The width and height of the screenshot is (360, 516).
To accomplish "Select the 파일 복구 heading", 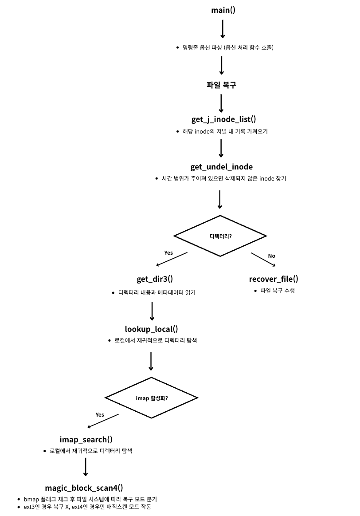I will tap(221, 85).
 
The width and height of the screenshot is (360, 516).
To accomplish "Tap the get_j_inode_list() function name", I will tap(223, 119).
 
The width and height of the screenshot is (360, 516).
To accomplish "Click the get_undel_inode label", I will tap(221, 167).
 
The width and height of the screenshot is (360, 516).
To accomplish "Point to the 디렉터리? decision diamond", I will tap(220, 236).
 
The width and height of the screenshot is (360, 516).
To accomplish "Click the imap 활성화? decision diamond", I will tap(152, 398).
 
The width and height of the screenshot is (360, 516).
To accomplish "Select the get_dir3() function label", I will tap(154, 279).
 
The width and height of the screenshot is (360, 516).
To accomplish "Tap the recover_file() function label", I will tap(274, 279).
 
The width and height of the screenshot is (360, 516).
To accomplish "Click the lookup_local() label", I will tap(151, 329).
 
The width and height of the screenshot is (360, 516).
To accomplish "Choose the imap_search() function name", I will tap(86, 439).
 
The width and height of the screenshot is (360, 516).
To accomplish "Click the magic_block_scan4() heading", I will tap(84, 488).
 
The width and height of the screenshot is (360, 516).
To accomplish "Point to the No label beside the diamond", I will tap(271, 256).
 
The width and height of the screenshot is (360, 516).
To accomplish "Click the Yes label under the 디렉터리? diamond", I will tap(168, 252).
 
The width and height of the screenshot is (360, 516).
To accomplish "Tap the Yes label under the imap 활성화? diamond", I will tap(100, 414).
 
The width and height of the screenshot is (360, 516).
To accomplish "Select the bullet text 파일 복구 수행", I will tap(278, 291).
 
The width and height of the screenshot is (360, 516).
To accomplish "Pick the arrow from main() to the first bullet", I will tap(223, 29).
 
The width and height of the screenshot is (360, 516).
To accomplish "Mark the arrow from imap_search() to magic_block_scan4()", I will tap(86, 467).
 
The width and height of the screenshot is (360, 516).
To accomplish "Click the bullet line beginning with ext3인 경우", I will tap(87, 507).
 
